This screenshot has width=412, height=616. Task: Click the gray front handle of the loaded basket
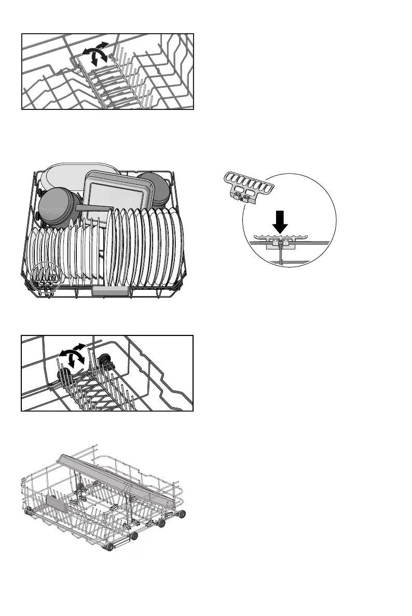(111, 291)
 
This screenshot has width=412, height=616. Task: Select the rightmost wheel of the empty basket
(183, 514)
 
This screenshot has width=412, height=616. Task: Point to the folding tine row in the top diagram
(119, 83)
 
